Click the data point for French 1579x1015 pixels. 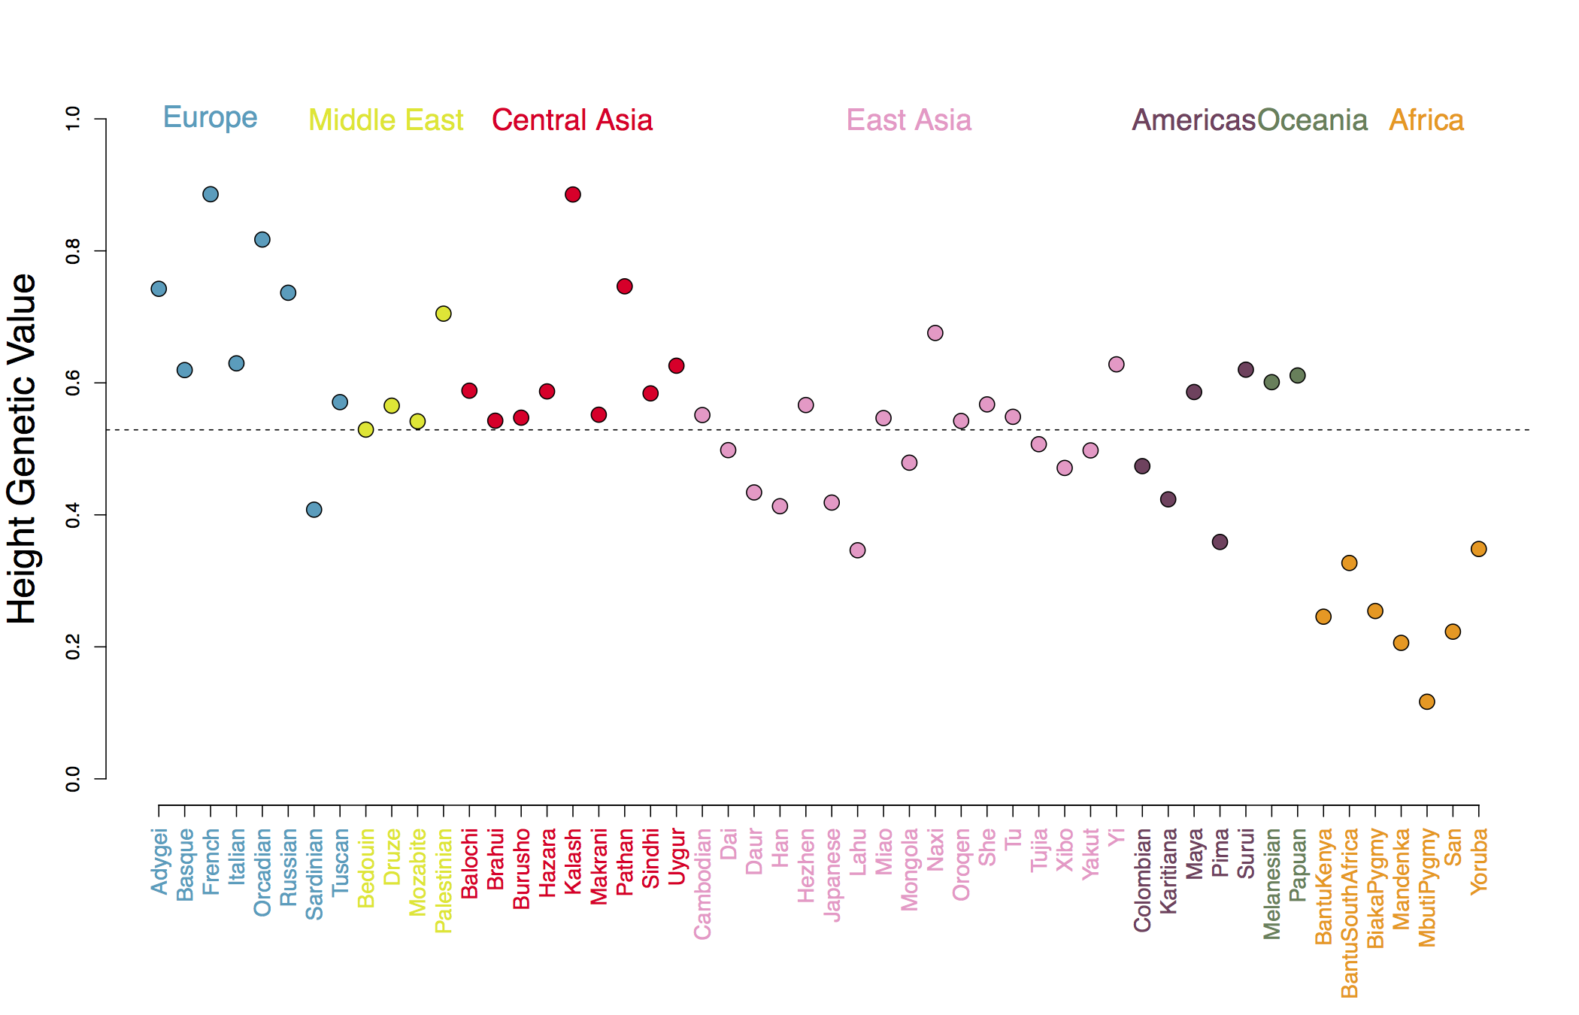point(211,194)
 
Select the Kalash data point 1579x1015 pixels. point(573,195)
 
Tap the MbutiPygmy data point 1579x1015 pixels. point(1427,701)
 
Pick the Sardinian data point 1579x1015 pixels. point(314,510)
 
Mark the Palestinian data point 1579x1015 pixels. point(444,314)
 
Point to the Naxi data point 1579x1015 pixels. point(935,333)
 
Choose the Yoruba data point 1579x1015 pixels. point(1479,549)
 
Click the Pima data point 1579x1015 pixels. point(1220,542)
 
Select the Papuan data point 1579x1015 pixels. point(1298,375)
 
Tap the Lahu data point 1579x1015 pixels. point(858,550)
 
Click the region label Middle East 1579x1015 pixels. point(386,120)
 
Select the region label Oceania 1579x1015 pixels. point(1312,120)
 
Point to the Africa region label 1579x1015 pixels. point(1426,120)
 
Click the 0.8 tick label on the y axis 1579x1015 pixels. point(73,251)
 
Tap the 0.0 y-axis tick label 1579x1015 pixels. point(73,779)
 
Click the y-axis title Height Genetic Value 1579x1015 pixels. point(23,448)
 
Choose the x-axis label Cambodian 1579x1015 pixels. point(702,883)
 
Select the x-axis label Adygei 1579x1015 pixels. point(159,862)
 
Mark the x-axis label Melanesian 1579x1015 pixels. point(1272,884)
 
